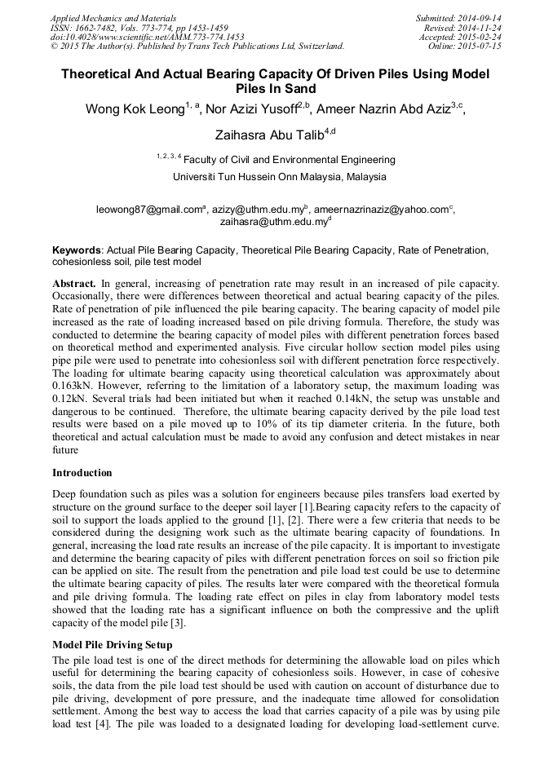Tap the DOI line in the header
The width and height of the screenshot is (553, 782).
pyautogui.click(x=148, y=37)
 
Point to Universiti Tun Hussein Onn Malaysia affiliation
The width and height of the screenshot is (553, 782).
pyautogui.click(x=276, y=176)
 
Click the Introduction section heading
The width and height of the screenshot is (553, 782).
pyautogui.click(x=82, y=472)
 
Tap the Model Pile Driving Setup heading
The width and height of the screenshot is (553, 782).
pyautogui.click(x=112, y=644)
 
